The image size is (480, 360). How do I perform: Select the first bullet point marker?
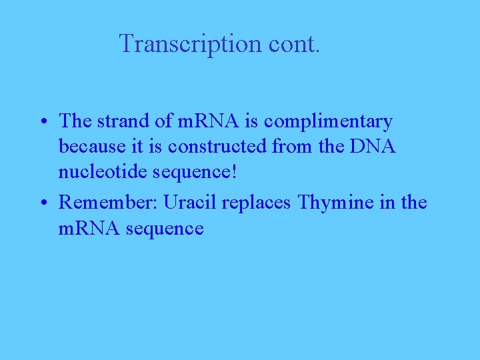[42, 123]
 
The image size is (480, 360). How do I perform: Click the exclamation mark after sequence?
[233, 172]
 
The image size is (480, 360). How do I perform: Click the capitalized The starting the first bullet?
[74, 121]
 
